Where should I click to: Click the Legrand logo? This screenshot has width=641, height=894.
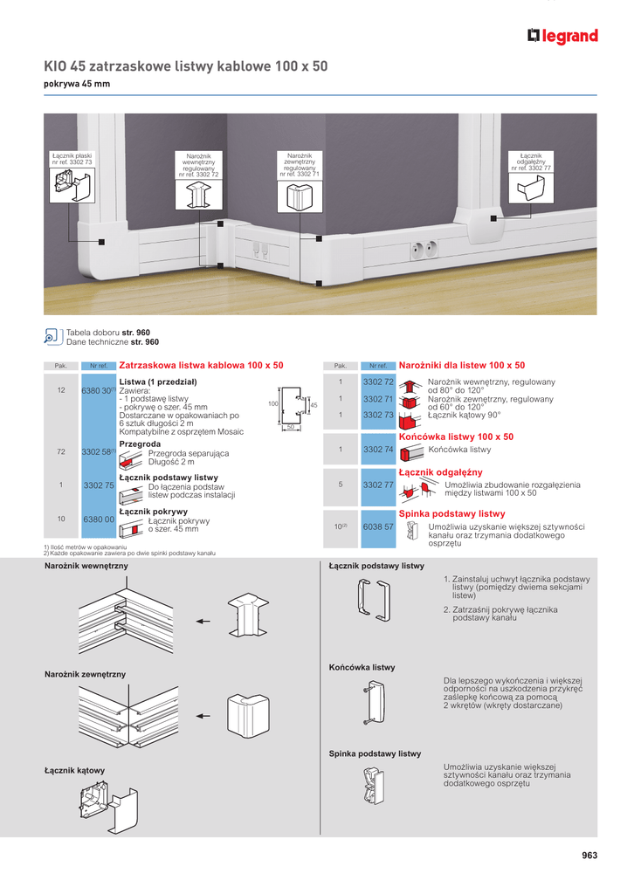point(562,36)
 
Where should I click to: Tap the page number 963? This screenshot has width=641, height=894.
point(589,856)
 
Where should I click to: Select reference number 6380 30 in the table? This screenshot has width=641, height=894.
point(98,390)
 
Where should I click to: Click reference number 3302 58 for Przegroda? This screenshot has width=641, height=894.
point(98,452)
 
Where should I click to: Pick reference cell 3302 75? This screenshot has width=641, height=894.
point(98,485)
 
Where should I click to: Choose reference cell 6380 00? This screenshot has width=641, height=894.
point(98,519)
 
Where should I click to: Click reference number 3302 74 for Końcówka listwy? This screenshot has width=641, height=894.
point(379,449)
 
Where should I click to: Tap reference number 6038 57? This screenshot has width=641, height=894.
point(379,527)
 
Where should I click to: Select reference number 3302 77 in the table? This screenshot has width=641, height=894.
point(379,484)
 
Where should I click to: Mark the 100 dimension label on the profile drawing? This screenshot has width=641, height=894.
point(272,404)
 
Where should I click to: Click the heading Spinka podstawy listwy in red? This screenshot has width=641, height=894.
point(451,514)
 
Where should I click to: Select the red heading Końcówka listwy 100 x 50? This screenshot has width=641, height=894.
point(456,437)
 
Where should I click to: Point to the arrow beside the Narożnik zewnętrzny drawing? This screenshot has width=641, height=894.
point(203,715)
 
